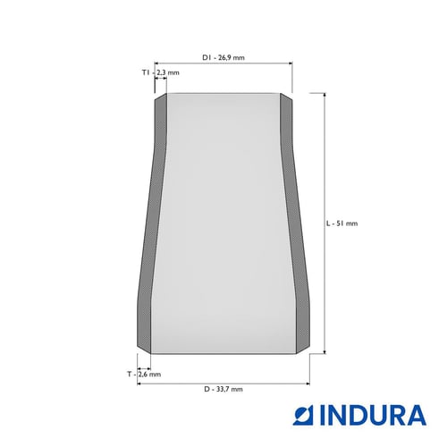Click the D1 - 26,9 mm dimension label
point(223,57)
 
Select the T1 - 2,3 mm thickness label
point(161,72)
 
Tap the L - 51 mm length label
point(342,223)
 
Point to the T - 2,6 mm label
point(144,374)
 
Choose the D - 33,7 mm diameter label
point(223,389)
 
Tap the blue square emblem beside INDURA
point(304,415)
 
